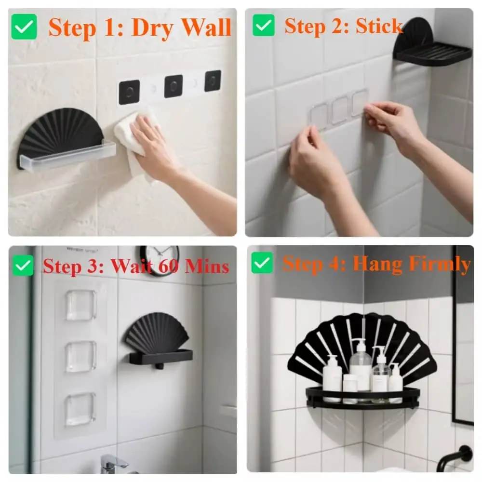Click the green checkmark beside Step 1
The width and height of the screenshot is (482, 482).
coord(24,27)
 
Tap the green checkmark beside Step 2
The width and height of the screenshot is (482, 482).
coord(263,26)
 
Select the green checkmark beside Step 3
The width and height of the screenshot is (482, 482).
coord(23,266)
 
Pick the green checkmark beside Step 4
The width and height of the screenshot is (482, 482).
coord(262,263)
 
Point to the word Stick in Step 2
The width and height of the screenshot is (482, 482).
coord(379,27)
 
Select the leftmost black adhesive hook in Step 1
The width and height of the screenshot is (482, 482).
coord(129,92)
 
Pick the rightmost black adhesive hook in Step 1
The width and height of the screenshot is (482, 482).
coord(213,80)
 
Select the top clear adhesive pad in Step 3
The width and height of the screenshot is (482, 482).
coord(81,305)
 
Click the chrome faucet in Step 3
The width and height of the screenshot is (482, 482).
coord(113,464)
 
